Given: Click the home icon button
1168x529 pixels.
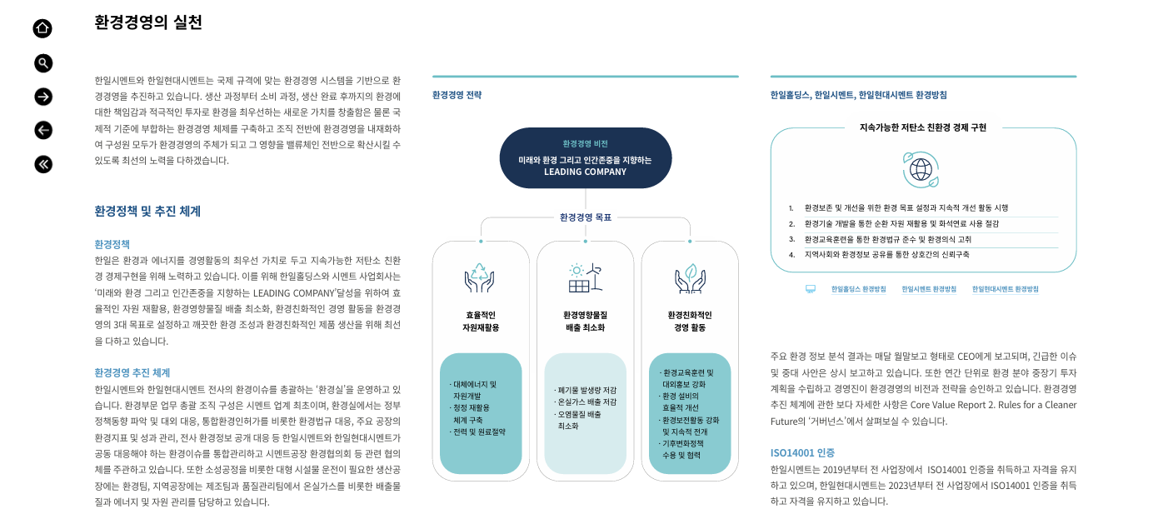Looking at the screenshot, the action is (x=42, y=28).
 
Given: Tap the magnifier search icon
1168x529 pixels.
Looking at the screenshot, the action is (x=43, y=62).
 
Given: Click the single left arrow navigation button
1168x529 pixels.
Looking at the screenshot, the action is (x=43, y=130).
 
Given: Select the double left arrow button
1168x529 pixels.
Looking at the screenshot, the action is (x=43, y=164).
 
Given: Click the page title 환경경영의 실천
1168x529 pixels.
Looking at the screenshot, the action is (x=148, y=22).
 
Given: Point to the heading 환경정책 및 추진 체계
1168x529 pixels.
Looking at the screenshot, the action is (x=147, y=211).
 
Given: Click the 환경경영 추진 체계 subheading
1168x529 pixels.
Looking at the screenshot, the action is (x=132, y=372).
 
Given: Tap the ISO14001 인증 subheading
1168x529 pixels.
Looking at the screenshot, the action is (x=802, y=452).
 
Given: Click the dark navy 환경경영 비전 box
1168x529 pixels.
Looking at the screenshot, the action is (x=585, y=157).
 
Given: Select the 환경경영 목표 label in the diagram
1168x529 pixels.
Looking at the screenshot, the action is (x=585, y=217).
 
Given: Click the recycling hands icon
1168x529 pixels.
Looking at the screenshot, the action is (x=480, y=278).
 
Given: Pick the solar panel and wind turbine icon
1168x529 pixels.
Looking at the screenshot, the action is (x=585, y=278).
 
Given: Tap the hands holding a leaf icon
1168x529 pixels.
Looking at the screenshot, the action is (x=690, y=278).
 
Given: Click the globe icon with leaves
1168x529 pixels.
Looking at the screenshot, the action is (x=921, y=169).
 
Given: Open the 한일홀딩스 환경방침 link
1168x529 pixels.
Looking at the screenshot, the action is (x=858, y=289).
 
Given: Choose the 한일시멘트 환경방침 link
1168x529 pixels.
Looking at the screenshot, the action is (x=929, y=289).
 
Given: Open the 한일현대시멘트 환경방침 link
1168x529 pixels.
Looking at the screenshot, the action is (x=1006, y=289).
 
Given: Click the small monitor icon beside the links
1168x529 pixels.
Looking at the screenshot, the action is (x=810, y=289).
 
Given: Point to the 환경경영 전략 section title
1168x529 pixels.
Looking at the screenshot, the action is (x=457, y=95).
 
